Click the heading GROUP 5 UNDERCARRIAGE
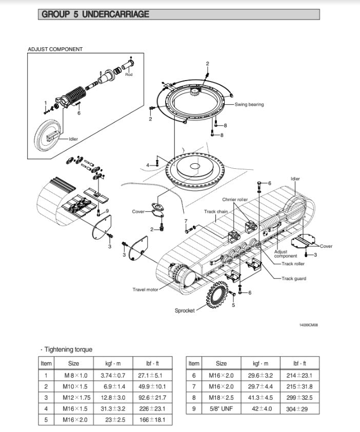point(95,14)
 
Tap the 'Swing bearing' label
point(249,105)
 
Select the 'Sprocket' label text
point(185,310)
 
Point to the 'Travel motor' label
point(145,289)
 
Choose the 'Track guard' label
point(294,279)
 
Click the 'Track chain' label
point(216,211)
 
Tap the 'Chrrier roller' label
point(235,200)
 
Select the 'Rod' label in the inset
point(129,75)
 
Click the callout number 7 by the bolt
point(186,221)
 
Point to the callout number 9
point(107,211)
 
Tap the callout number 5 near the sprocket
point(233,305)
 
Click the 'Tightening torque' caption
point(68,349)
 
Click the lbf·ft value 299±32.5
point(303,397)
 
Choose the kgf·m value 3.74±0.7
point(113,375)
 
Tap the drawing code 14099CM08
point(308,325)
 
